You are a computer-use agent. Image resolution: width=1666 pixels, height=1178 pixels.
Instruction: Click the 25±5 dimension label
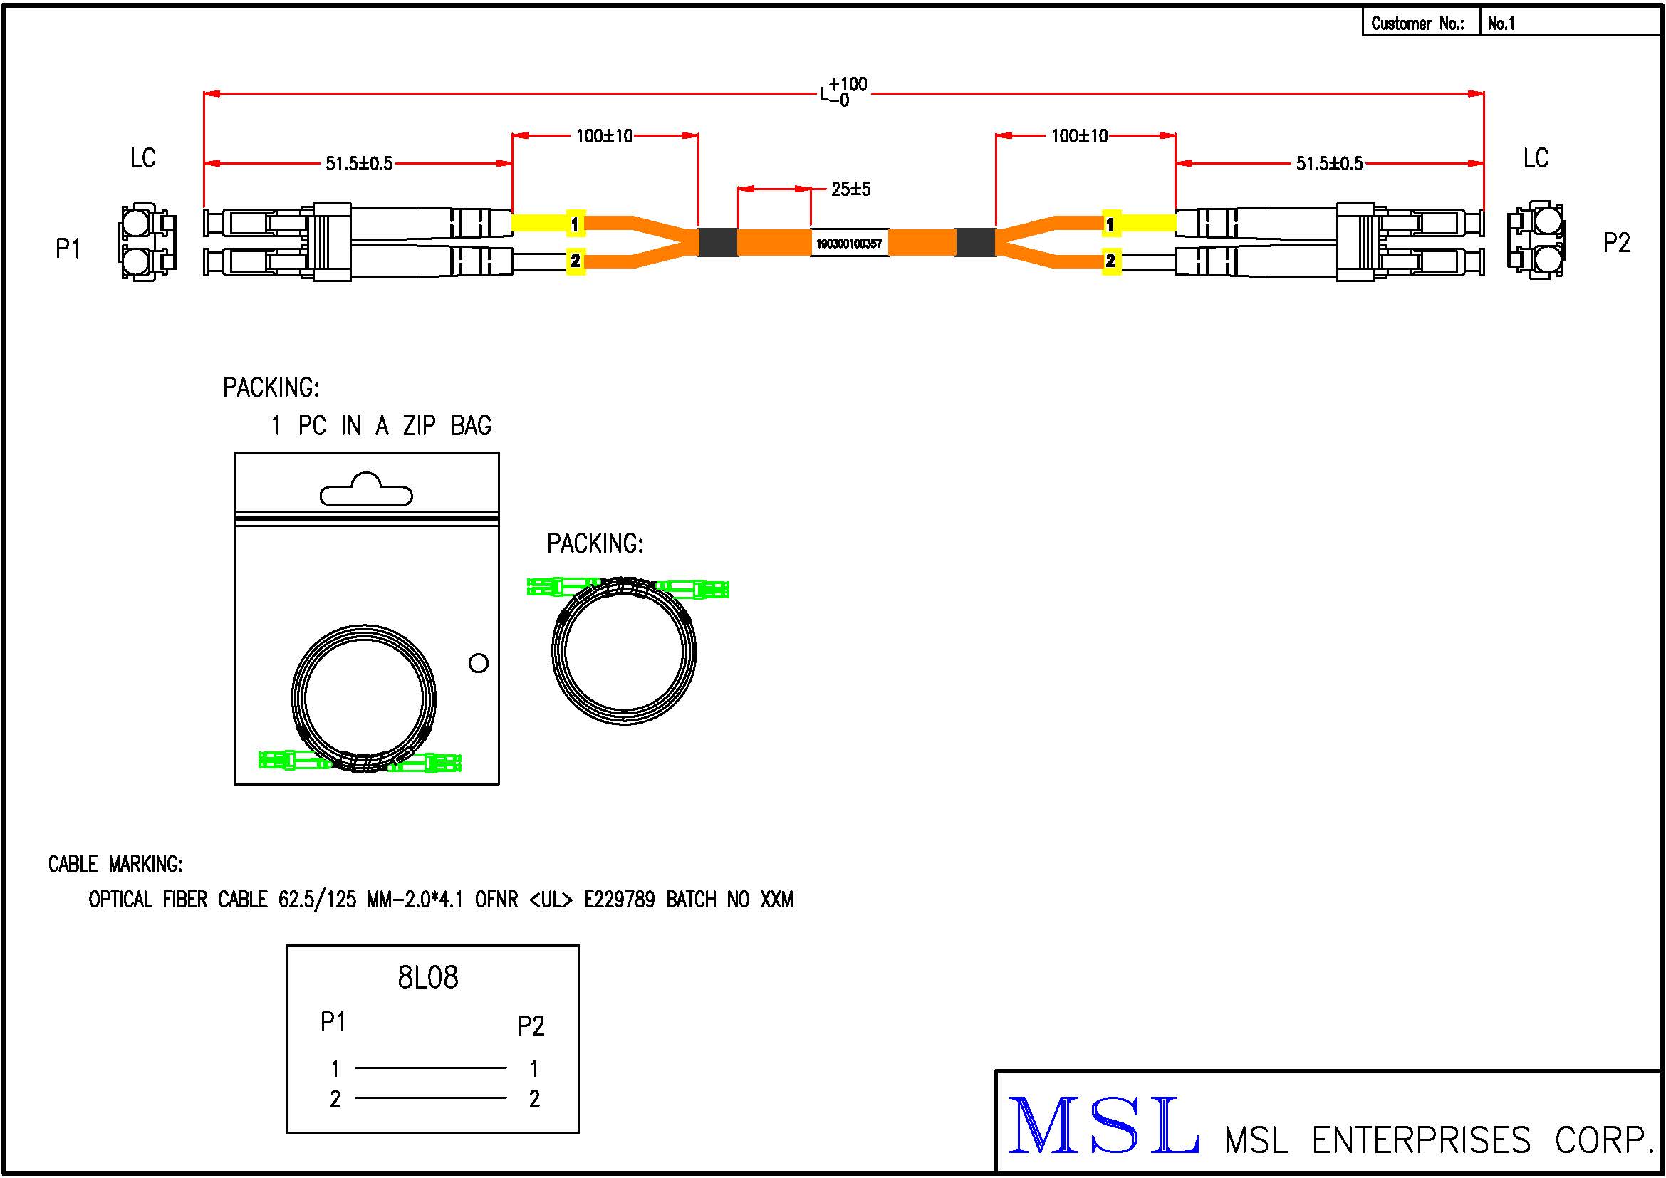tap(850, 189)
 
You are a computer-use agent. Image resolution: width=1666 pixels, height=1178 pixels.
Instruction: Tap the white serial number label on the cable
tap(848, 243)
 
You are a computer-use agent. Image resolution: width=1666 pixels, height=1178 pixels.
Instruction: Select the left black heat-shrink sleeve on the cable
tap(718, 241)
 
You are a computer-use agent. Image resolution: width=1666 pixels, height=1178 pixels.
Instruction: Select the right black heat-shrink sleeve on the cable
tap(975, 241)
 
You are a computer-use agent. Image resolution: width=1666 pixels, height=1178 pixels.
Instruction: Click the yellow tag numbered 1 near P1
tap(575, 224)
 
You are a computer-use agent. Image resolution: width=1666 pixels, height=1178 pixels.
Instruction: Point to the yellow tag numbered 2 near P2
tap(1110, 261)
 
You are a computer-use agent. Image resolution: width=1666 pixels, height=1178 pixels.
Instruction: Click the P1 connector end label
tap(68, 249)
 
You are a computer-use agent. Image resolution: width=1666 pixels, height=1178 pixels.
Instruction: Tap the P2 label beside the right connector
tap(1617, 242)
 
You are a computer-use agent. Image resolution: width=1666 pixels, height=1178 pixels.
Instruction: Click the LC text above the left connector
tap(143, 158)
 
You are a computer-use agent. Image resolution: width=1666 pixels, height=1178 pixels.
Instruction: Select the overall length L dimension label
tap(843, 92)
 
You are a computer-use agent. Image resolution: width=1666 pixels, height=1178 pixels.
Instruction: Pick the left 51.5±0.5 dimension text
tap(358, 164)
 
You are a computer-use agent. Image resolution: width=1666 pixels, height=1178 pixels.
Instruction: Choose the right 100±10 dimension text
tap(1079, 136)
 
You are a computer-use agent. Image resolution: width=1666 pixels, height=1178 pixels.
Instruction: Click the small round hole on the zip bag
tap(478, 662)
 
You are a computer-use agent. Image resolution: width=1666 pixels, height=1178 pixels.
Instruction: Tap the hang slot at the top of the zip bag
tap(366, 491)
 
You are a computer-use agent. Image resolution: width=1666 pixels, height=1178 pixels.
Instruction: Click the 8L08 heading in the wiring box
tap(428, 978)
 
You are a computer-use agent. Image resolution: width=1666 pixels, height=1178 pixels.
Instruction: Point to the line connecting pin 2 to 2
tap(431, 1098)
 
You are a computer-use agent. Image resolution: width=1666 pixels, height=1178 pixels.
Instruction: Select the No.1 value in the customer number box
tap(1501, 24)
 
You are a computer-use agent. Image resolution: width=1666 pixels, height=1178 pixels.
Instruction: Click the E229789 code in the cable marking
tap(619, 900)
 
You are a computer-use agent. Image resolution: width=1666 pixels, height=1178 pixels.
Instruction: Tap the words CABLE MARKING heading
tap(115, 864)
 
